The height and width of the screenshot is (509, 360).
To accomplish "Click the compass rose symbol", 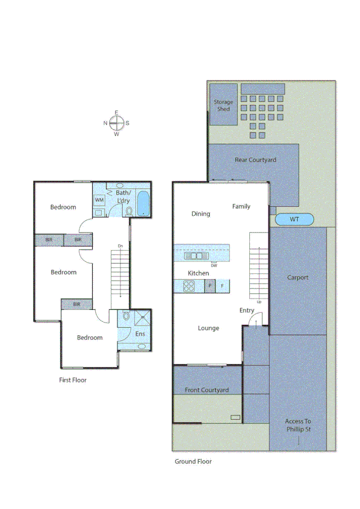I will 117,123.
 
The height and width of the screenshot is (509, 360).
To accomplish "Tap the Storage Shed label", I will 223,106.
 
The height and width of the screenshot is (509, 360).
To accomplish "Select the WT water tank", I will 294,219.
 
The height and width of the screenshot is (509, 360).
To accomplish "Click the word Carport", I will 298,278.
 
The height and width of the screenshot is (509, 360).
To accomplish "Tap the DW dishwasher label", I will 214,265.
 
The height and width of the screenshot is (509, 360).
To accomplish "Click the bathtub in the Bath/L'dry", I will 143,203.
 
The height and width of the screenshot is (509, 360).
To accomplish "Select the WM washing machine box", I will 99,199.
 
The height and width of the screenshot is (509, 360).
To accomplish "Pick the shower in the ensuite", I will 143,318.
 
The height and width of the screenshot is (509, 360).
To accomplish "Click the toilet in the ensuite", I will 126,317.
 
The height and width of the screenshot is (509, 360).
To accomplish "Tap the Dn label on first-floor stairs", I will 120,246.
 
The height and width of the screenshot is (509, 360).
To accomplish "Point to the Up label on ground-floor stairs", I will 259,302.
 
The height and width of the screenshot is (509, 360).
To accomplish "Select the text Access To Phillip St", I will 298,425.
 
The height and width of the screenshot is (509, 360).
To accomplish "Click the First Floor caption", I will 72,380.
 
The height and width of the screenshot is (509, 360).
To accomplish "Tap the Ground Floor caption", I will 193,462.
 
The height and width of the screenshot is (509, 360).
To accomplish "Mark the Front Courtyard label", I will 207,390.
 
